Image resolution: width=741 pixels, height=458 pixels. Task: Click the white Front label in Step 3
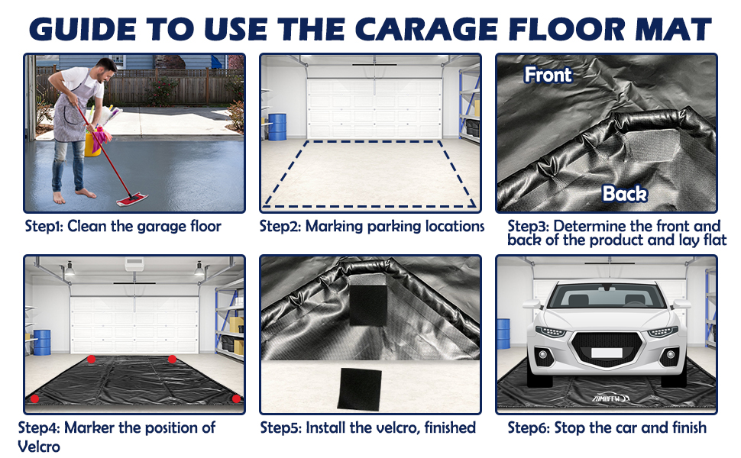click(x=548, y=75)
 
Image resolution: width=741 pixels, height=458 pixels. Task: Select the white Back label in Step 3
click(x=624, y=194)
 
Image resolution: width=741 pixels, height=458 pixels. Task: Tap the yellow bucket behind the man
click(x=92, y=142)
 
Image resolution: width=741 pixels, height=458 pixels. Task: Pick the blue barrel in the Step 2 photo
click(x=277, y=127)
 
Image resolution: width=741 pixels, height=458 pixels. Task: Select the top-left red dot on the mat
click(x=91, y=359)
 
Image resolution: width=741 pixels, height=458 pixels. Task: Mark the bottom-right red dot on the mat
click(x=236, y=398)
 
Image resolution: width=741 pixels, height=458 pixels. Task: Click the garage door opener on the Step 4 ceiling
click(x=135, y=264)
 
